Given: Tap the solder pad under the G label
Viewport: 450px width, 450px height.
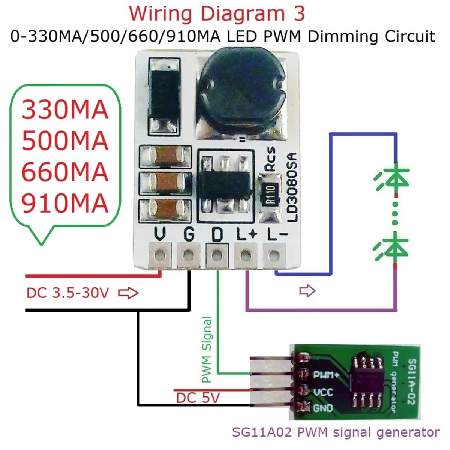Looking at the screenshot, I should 189,256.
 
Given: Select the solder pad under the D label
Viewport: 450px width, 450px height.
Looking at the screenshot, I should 217,256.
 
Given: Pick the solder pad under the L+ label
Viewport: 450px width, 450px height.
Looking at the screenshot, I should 246,256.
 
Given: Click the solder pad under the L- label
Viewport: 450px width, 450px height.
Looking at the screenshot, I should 274,256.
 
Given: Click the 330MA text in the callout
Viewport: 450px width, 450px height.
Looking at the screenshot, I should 65,110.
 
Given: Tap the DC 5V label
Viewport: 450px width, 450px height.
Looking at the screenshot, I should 198,397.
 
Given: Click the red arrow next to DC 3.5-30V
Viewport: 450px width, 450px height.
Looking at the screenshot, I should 128,293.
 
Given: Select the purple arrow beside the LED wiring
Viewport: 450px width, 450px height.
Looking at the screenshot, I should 307,290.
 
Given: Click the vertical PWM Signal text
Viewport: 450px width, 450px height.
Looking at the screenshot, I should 207,349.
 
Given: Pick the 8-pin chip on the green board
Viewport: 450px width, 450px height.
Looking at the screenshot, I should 366,382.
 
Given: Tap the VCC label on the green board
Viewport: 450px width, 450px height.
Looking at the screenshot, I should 323,392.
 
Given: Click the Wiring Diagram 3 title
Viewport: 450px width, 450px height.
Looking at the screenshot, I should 217,14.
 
